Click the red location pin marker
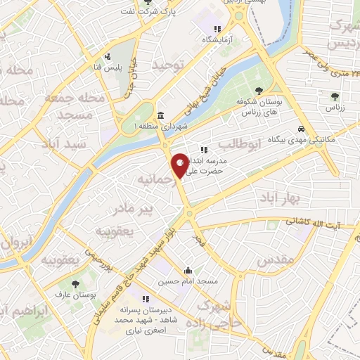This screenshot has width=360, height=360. pyautogui.click(x=180, y=165)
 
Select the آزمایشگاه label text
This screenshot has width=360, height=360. pyautogui.click(x=217, y=41)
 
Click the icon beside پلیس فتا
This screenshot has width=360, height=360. pyautogui.click(x=108, y=57)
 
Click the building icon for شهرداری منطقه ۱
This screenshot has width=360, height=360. pyautogui.click(x=161, y=115)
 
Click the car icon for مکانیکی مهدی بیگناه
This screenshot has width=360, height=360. pyautogui.click(x=301, y=129)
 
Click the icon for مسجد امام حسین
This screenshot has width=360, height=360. pyautogui.click(x=188, y=270)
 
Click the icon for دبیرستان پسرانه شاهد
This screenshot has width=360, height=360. pyautogui.click(x=146, y=298)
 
